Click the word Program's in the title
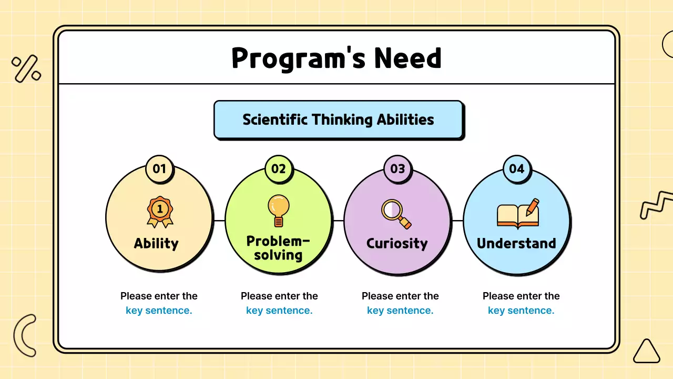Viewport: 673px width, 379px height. pyautogui.click(x=299, y=58)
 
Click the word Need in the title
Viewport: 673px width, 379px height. pyautogui.click(x=407, y=58)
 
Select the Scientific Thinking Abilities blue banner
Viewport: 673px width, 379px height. pyautogui.click(x=338, y=119)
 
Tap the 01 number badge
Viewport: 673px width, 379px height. pyautogui.click(x=159, y=169)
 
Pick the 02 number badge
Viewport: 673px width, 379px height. pyautogui.click(x=279, y=169)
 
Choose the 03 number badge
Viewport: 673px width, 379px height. pyautogui.click(x=397, y=169)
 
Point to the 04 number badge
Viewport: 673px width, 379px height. pyautogui.click(x=516, y=169)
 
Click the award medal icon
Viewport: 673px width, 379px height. pyautogui.click(x=160, y=212)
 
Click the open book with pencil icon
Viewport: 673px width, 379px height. pyautogui.click(x=518, y=214)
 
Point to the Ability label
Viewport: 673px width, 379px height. pyautogui.click(x=156, y=244)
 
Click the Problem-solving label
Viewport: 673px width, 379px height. pyautogui.click(x=278, y=248)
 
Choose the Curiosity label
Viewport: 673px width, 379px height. pyautogui.click(x=397, y=244)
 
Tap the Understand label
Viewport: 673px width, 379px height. pyautogui.click(x=516, y=243)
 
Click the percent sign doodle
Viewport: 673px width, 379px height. pyautogui.click(x=26, y=68)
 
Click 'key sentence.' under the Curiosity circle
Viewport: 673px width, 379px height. pyautogui.click(x=400, y=311)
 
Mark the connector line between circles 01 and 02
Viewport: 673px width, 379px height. pyautogui.click(x=219, y=221)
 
